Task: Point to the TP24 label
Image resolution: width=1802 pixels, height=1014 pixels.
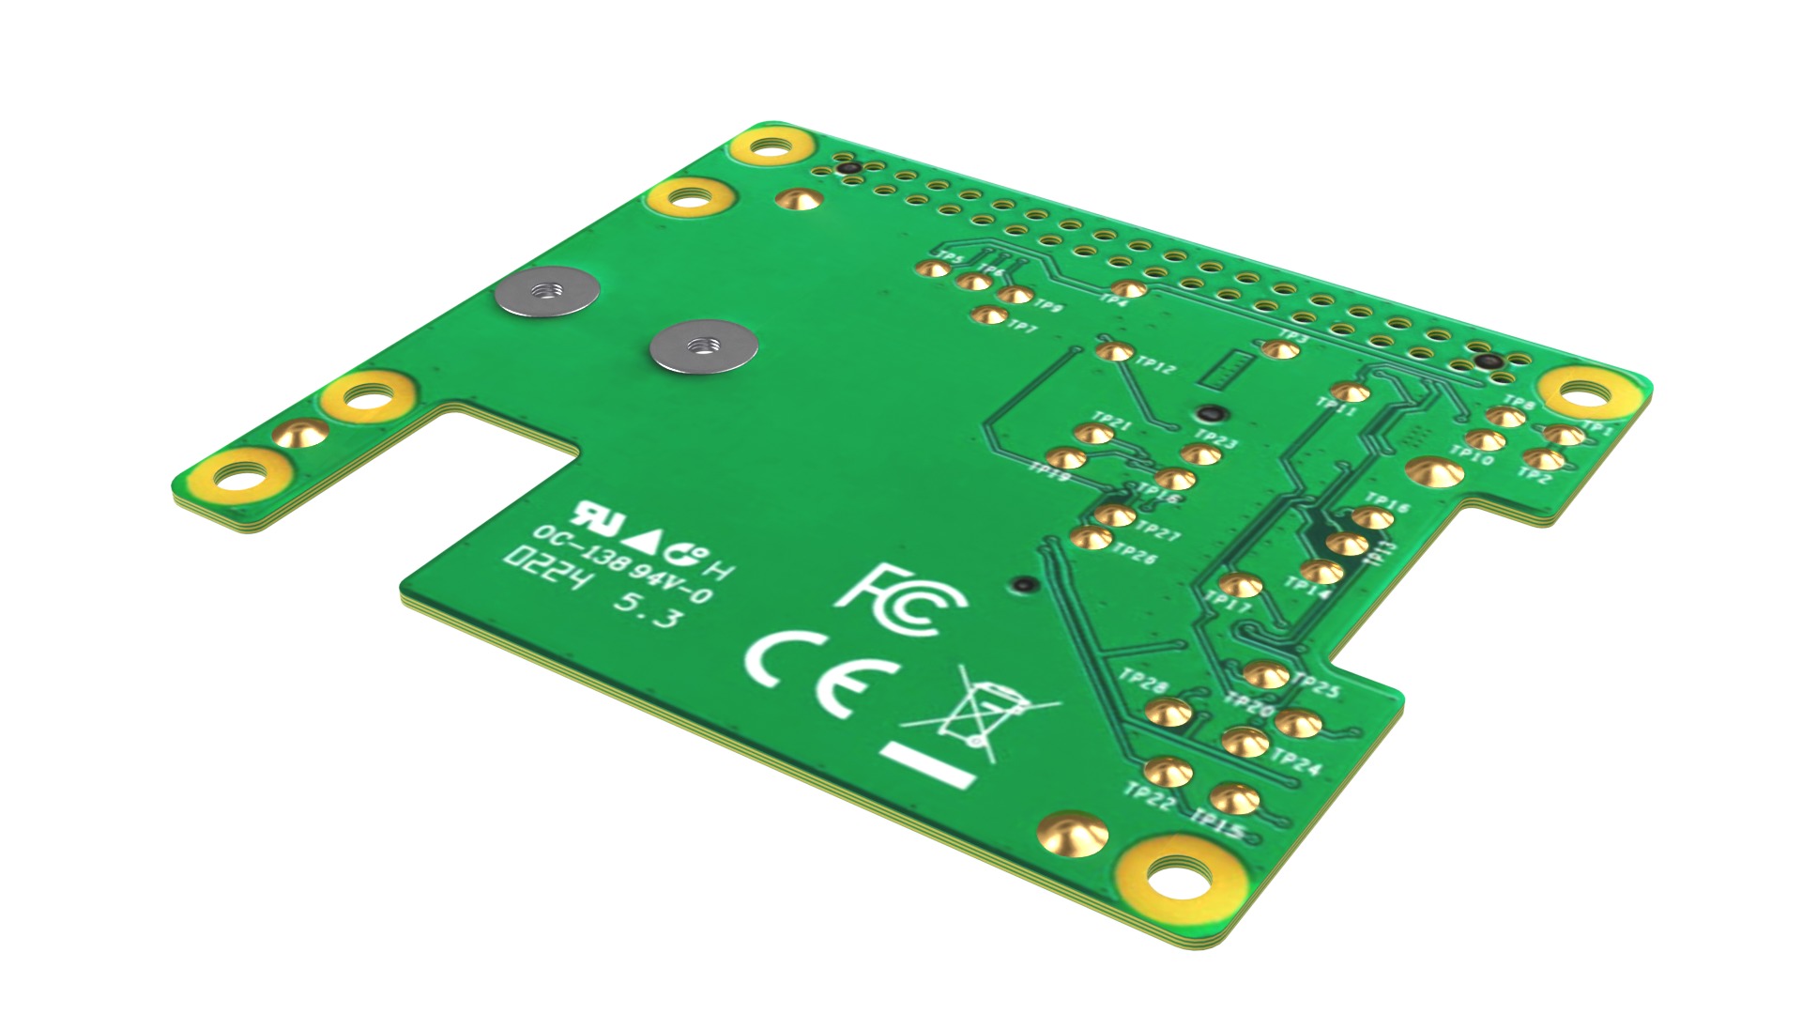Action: pyautogui.click(x=1299, y=763)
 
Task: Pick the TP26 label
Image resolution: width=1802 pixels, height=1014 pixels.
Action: pyautogui.click(x=1135, y=554)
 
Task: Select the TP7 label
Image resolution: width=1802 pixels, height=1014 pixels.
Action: pyautogui.click(x=1022, y=328)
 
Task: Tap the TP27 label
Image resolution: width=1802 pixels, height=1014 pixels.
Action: pyautogui.click(x=1158, y=532)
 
